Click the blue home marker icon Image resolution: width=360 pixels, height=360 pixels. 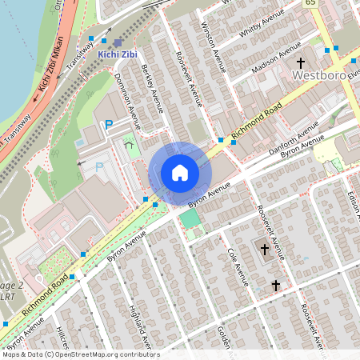(180, 173)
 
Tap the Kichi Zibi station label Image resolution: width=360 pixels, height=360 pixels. (117, 55)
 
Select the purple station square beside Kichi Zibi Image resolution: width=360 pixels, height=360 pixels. (118, 42)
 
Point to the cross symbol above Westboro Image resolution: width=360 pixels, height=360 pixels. (302, 62)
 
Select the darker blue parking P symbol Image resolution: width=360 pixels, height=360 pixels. (109, 124)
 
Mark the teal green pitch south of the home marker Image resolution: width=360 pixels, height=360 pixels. (190, 218)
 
